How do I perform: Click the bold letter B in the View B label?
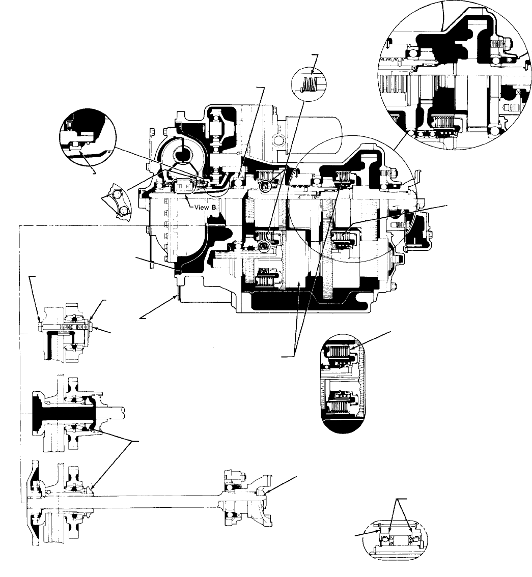coord(213,207)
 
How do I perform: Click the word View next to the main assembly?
coord(202,207)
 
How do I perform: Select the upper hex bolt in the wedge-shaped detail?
coord(117,193)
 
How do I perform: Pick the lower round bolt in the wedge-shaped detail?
coord(124,210)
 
